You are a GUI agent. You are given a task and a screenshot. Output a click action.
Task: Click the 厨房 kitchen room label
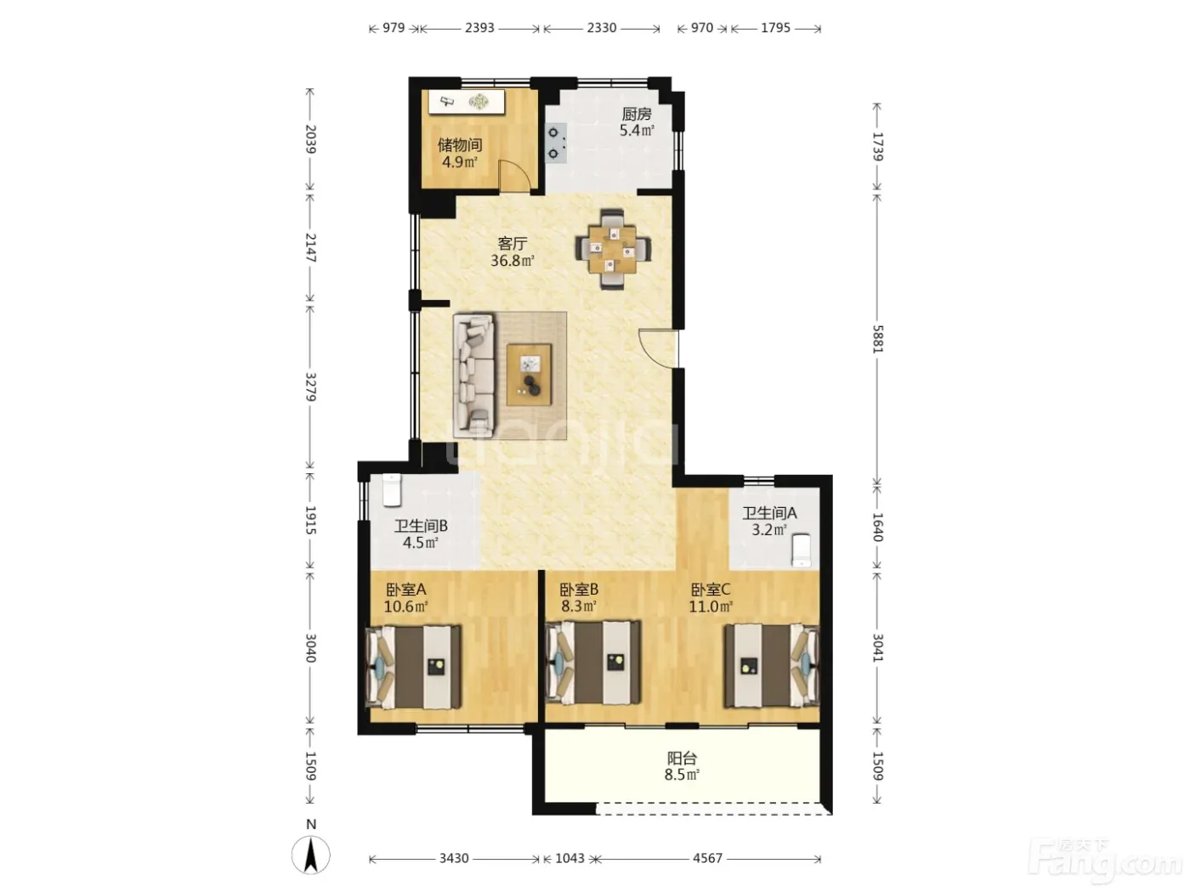(636, 114)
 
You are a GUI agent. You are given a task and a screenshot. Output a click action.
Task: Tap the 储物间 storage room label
(460, 144)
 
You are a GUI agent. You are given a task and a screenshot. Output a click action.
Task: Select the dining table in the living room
(613, 249)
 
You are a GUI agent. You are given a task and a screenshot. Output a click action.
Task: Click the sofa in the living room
(473, 376)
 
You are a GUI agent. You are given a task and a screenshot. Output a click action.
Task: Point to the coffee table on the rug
(530, 375)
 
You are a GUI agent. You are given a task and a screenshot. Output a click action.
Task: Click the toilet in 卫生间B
(392, 489)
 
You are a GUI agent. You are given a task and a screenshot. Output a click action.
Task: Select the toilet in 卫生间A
(802, 550)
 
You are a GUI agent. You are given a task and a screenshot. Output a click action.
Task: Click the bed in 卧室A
(414, 667)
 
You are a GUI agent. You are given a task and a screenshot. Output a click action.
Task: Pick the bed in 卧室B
(593, 663)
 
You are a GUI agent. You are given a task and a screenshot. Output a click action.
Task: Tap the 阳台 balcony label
(682, 758)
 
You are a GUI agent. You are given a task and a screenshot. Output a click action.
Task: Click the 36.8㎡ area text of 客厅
(513, 261)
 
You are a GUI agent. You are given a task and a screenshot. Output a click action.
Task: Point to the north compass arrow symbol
(310, 855)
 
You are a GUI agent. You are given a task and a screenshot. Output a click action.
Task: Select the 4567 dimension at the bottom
(707, 858)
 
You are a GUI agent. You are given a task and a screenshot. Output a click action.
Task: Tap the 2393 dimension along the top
(479, 28)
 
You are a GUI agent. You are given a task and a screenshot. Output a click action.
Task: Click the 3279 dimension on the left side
(310, 387)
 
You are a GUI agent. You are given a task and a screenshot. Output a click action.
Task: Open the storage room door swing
(514, 177)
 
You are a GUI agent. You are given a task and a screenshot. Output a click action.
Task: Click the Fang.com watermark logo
(1104, 861)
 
